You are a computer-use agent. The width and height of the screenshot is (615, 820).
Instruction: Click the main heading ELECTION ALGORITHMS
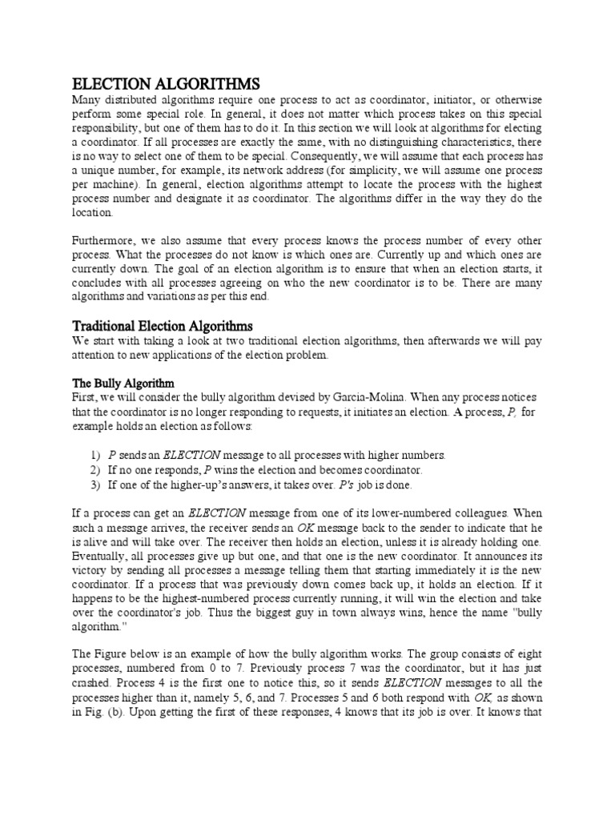tap(167, 83)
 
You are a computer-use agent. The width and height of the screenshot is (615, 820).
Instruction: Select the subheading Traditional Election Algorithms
tap(163, 326)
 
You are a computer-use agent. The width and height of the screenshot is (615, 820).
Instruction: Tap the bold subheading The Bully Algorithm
tap(123, 384)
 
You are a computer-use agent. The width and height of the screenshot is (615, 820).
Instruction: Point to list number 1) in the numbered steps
tap(95, 455)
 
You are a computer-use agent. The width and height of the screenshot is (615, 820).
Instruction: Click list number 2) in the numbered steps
tap(95, 470)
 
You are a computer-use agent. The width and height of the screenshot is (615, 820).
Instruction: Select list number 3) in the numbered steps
tap(95, 484)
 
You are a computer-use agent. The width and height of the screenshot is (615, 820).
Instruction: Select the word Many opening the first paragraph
tap(89, 99)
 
